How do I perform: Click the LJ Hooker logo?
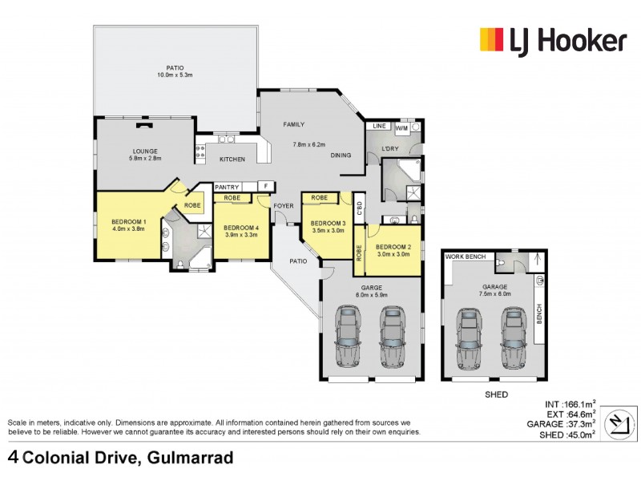[552, 39]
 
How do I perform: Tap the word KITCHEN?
[232, 159]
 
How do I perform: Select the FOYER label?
[284, 206]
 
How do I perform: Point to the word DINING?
[341, 155]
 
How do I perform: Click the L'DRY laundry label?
[390, 148]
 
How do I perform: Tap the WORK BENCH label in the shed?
[466, 256]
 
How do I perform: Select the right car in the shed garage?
[514, 337]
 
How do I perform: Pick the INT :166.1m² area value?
[571, 405]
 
